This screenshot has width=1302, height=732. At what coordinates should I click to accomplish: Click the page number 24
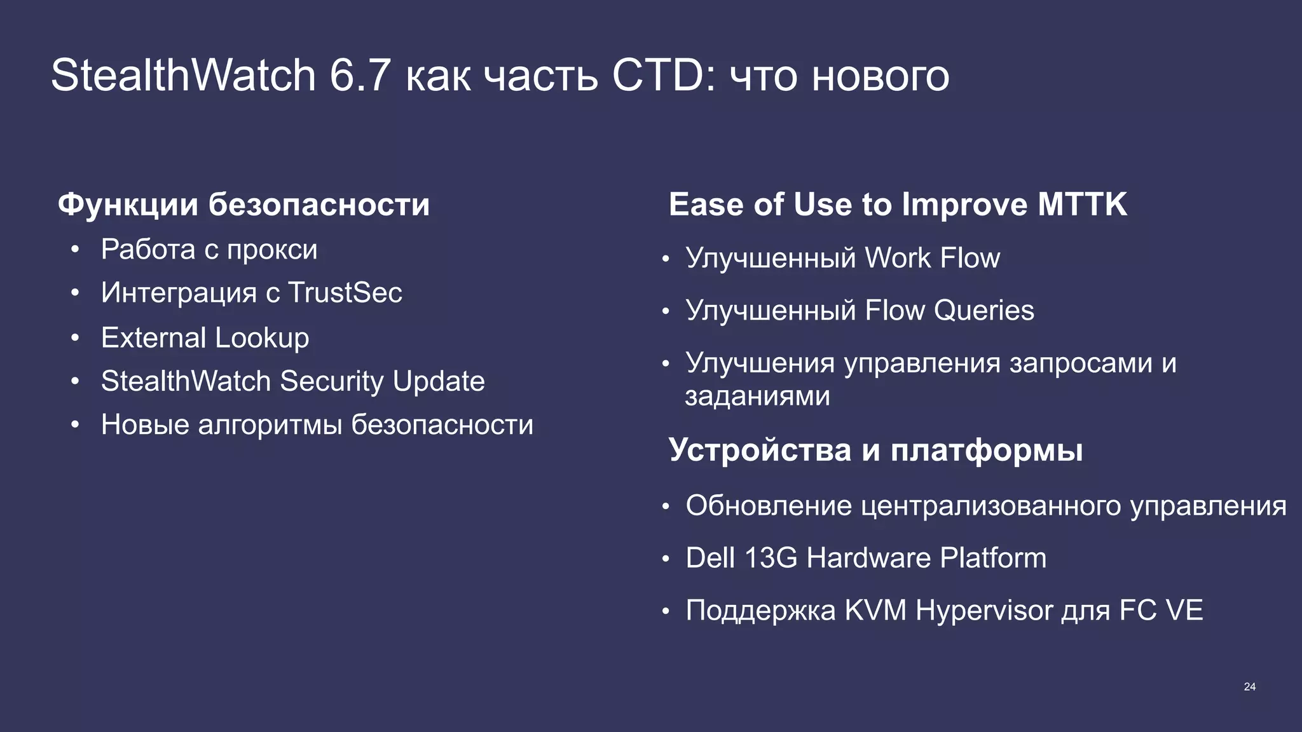[1249, 687]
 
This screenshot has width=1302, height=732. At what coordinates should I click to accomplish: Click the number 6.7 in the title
[359, 76]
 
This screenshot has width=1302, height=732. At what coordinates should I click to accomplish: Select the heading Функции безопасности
[243, 205]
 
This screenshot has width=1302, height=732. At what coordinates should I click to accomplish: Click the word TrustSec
[345, 293]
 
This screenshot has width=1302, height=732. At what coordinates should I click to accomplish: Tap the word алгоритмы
[274, 424]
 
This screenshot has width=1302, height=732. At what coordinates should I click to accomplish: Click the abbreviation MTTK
[1082, 205]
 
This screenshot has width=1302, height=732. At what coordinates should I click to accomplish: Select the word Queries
[983, 311]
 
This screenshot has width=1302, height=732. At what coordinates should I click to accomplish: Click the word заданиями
[757, 396]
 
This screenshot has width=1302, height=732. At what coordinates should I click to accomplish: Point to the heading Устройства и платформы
[875, 450]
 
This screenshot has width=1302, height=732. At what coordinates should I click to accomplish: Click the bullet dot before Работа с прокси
[75, 250]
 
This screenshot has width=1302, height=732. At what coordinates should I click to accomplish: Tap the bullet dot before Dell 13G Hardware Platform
[666, 559]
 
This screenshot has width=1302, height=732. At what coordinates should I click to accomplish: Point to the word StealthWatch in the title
[183, 76]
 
